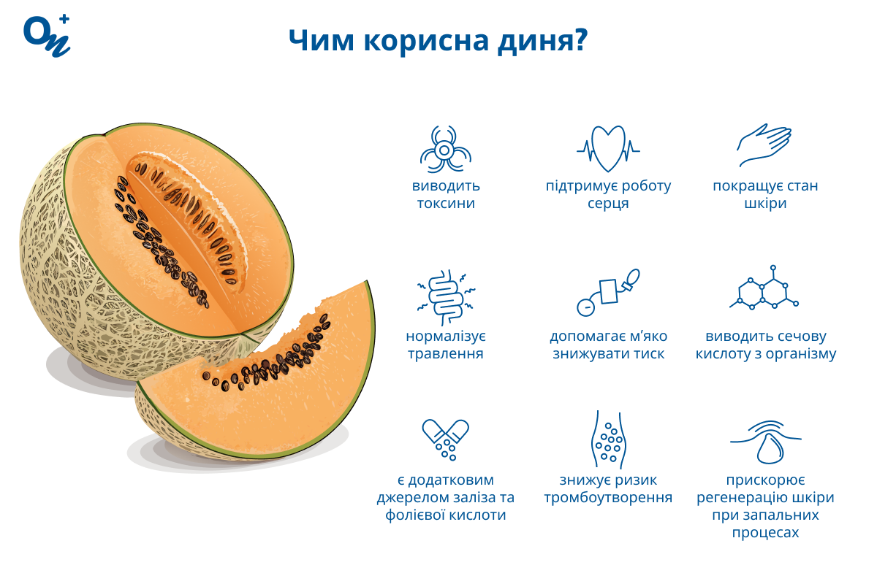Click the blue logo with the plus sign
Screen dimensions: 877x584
(x=47, y=36)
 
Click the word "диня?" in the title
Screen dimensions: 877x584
(x=542, y=41)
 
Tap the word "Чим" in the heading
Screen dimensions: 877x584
(x=322, y=40)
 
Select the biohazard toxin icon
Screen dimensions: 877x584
(x=446, y=149)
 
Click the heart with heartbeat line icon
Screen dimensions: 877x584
(x=608, y=149)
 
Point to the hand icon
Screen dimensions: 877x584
(x=764, y=145)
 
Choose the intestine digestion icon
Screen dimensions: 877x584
(x=446, y=297)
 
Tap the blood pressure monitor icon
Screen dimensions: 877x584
(x=608, y=292)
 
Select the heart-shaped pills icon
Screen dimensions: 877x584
(x=446, y=439)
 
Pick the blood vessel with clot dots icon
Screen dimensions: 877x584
(x=608, y=439)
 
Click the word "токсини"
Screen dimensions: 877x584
(x=446, y=204)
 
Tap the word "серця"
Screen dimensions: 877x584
(x=608, y=204)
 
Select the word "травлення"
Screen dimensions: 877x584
(x=446, y=353)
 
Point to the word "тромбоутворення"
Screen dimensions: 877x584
(x=608, y=498)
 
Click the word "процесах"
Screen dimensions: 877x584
(x=765, y=533)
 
